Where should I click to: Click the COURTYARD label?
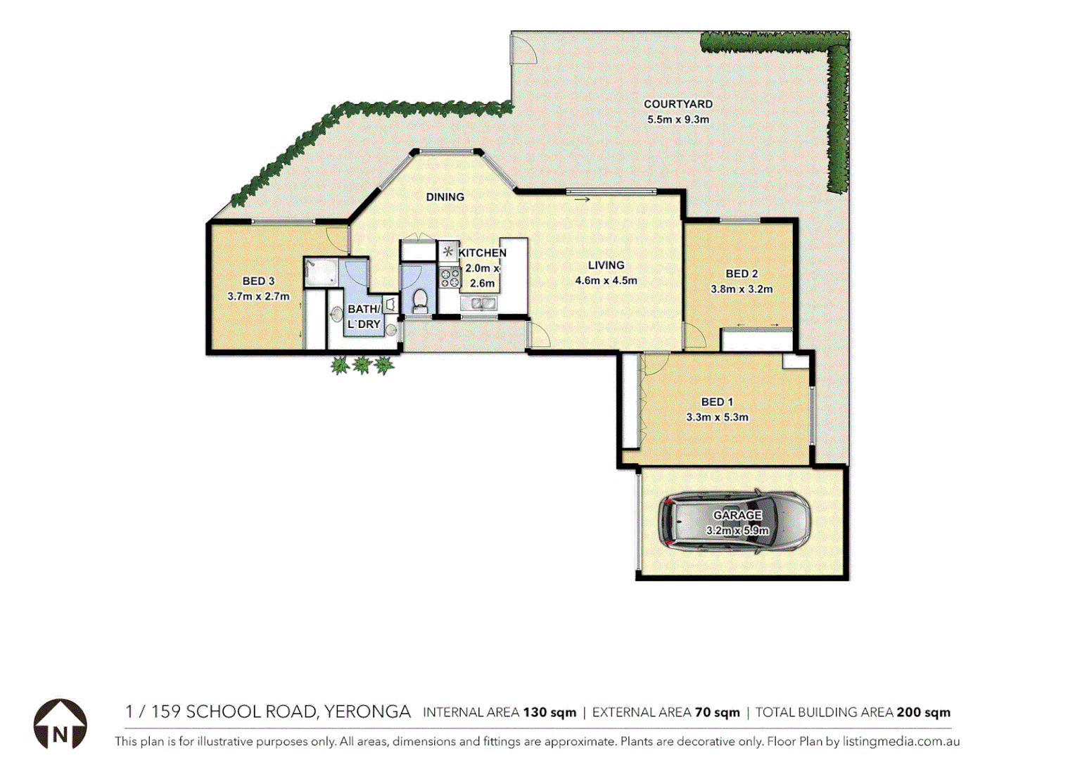(x=678, y=104)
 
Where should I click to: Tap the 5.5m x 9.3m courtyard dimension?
(x=678, y=120)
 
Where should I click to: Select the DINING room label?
(x=445, y=197)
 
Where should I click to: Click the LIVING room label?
(x=606, y=265)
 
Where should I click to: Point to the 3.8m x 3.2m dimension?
(x=741, y=289)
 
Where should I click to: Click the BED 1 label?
(x=716, y=402)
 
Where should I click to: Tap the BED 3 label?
(x=258, y=281)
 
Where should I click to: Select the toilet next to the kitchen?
(x=420, y=300)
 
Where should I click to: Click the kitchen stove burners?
(x=450, y=277)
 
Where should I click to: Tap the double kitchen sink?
(x=479, y=304)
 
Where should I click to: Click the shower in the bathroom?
(x=321, y=272)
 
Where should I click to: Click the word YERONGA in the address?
(x=367, y=711)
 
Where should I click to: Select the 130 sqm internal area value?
(x=549, y=712)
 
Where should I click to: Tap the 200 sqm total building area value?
(x=923, y=712)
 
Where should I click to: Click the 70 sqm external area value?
(x=717, y=712)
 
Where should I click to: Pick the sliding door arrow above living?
(x=582, y=200)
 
